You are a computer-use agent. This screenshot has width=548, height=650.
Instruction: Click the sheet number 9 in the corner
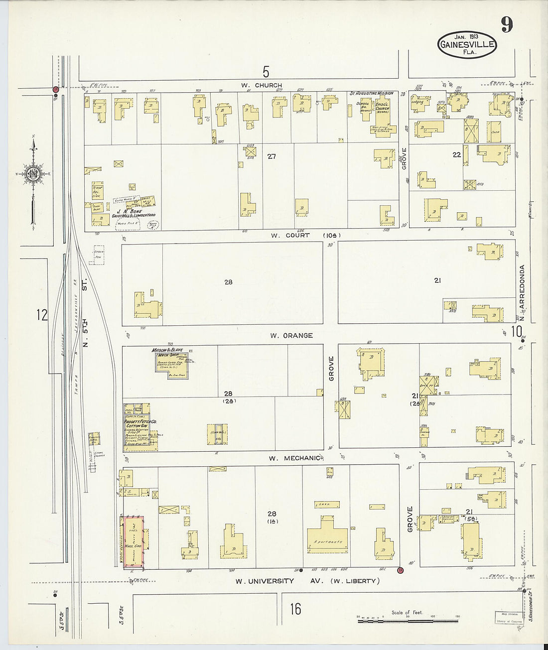[507, 24]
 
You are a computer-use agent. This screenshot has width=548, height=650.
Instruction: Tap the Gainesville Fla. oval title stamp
[467, 44]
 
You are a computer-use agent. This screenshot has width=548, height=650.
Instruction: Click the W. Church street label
[262, 85]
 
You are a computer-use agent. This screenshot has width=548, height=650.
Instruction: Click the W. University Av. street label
[307, 581]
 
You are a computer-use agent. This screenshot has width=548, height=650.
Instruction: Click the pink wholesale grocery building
[134, 542]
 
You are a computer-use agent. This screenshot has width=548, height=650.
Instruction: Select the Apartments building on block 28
[327, 536]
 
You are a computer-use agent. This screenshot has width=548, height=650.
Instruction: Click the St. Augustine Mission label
[371, 93]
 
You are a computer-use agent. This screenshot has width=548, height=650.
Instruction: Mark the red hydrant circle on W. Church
[56, 90]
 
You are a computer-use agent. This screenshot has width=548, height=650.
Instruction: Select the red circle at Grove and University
[400, 570]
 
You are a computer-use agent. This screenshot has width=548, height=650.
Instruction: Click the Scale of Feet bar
[401, 621]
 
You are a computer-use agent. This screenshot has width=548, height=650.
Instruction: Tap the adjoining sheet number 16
[295, 609]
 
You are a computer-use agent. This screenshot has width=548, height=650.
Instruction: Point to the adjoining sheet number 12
[42, 315]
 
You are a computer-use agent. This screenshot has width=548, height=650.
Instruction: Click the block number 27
[271, 156]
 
